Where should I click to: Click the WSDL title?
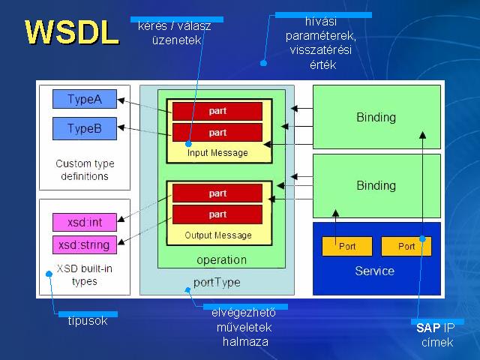[x=72, y=32]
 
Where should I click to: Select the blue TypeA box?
[x=85, y=99]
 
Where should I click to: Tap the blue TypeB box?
[x=85, y=128]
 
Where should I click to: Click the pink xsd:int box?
[x=85, y=222]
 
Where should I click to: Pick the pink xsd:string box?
[x=85, y=245]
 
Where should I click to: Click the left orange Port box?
[x=347, y=246]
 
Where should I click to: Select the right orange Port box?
[x=406, y=246]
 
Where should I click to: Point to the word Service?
[x=375, y=271]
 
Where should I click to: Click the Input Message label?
[x=217, y=153]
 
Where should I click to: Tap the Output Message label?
[x=218, y=235]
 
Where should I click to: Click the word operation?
[x=222, y=260]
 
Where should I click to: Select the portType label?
[x=217, y=282]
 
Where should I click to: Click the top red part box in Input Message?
[x=217, y=111]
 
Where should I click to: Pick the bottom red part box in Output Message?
[x=217, y=214]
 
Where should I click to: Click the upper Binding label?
[x=376, y=117]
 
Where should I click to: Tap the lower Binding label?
[x=376, y=185]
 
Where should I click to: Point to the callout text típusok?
[x=88, y=321]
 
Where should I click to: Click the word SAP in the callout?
[x=428, y=328]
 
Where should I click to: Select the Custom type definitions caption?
[x=85, y=170]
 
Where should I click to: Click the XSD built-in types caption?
[x=85, y=275]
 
